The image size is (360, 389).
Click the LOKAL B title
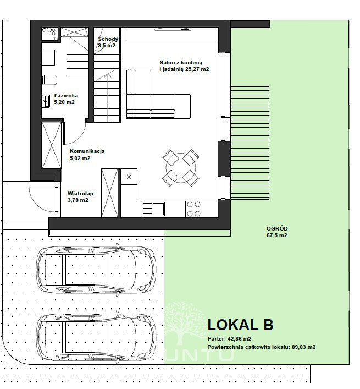(240, 325)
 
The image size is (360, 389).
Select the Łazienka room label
(66, 96)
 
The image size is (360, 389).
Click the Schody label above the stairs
(108, 39)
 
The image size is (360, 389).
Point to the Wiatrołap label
(80, 194)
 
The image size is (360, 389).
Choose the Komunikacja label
(87, 151)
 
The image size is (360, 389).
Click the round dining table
(181, 168)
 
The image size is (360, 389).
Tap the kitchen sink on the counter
(153, 209)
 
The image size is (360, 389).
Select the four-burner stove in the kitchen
(194, 209)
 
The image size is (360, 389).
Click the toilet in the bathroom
(50, 80)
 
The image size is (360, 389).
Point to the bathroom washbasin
(46, 101)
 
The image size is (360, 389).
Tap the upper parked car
(96, 270)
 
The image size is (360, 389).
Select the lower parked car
(96, 337)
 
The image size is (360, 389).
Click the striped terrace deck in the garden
(250, 143)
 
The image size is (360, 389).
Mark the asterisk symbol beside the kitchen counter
(129, 177)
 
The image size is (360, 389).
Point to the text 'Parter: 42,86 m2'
(229, 339)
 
